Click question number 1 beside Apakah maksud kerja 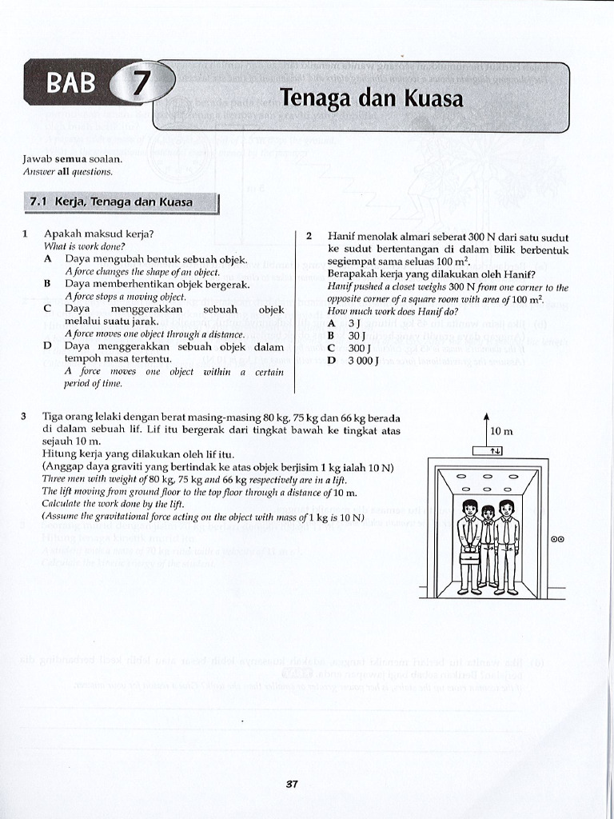click(26, 234)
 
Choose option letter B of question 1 click(48, 284)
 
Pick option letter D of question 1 click(48, 346)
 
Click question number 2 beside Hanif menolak click(309, 236)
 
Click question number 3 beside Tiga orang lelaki click(25, 417)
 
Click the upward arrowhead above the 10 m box click(486, 416)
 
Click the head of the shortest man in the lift click(487, 513)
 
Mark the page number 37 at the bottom click(292, 784)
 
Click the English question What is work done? click(78, 246)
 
